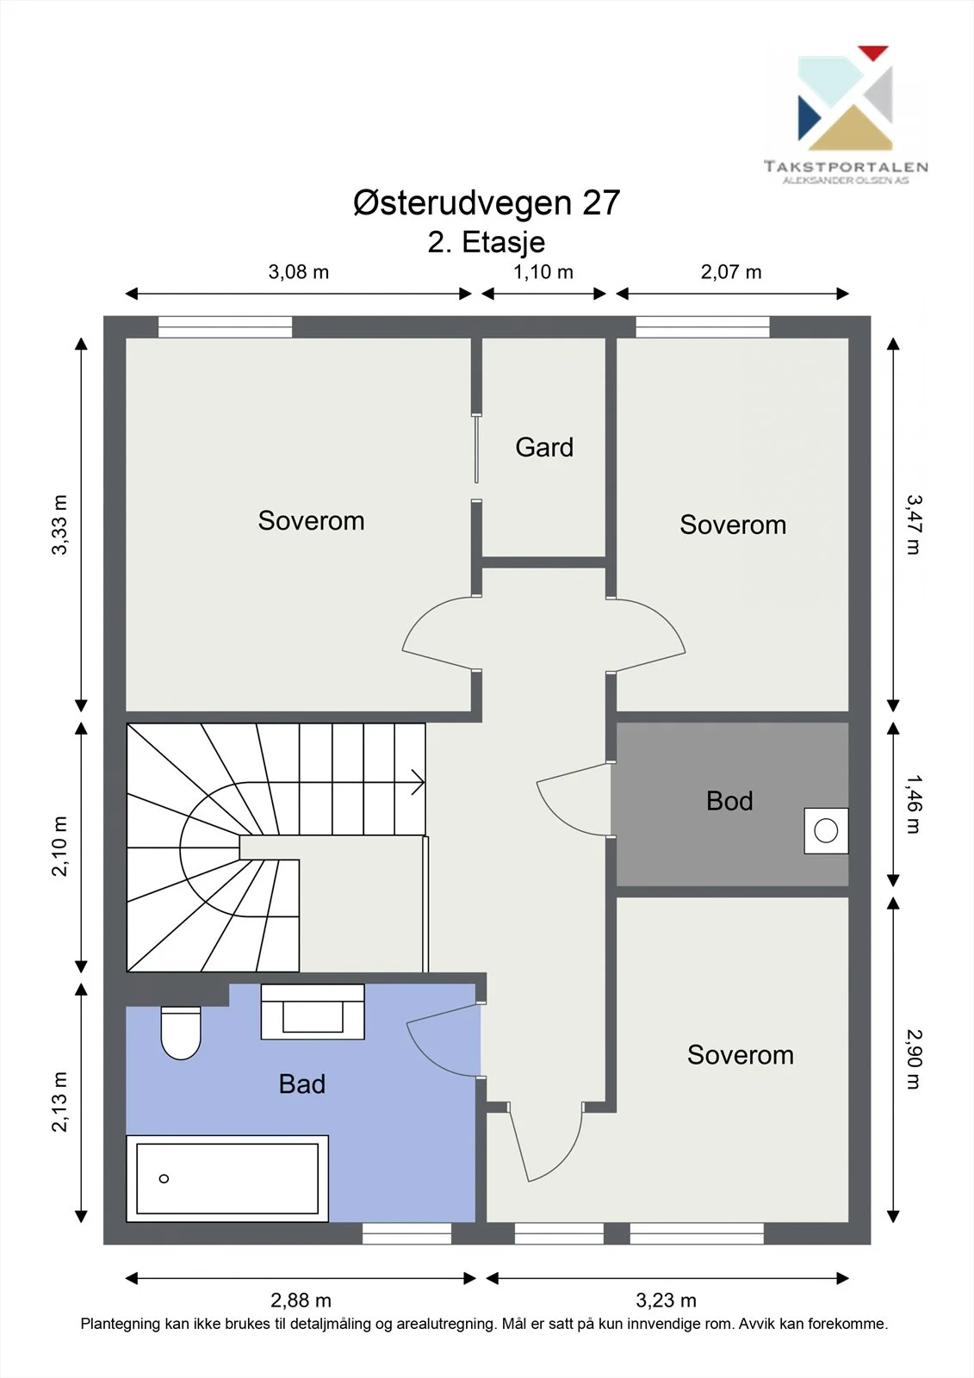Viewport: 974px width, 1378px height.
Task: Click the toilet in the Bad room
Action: coord(180,1033)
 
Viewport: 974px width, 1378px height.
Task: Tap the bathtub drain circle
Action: coord(164,1179)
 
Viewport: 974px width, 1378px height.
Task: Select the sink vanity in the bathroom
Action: coord(313,1012)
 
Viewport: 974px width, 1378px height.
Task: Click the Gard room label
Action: coord(544,447)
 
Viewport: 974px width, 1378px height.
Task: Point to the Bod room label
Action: coord(729,801)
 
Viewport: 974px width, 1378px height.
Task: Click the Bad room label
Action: coord(301,1084)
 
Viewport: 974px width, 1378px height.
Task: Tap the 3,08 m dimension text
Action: coord(299,272)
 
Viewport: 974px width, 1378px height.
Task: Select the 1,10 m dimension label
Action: coord(543,272)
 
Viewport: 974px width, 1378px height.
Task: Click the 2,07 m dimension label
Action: coord(731,272)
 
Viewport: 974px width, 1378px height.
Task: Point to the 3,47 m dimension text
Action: coord(914,525)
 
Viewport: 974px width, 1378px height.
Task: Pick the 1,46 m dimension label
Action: coord(914,804)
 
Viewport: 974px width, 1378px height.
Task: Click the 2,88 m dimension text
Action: coord(301,1300)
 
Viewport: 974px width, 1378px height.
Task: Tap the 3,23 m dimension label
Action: coord(666,1300)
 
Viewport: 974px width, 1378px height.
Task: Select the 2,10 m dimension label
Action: coord(59,846)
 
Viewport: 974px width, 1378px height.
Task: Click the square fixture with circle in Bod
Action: coord(826,830)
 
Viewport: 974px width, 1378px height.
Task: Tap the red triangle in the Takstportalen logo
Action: coord(873,53)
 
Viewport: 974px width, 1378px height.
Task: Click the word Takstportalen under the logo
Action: coord(846,166)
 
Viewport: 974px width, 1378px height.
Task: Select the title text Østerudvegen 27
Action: coord(487,202)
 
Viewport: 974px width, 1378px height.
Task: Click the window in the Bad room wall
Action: coord(406,1233)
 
